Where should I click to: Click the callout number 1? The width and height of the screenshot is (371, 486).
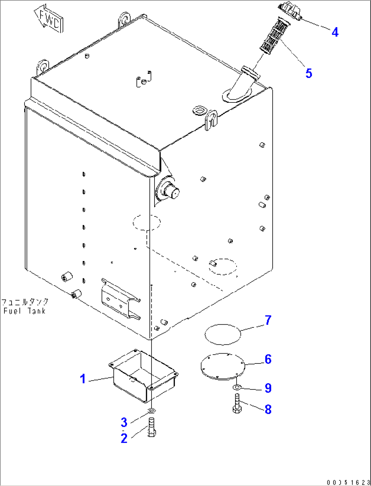pyautogui.click(x=83, y=378)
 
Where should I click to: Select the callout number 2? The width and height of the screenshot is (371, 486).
pyautogui.click(x=124, y=438)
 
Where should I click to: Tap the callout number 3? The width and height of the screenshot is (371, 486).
pyautogui.click(x=124, y=422)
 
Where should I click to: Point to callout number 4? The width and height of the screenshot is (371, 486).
pyautogui.click(x=335, y=32)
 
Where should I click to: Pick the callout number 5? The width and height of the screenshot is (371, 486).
pyautogui.click(x=309, y=73)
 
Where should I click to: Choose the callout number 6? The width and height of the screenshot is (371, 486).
pyautogui.click(x=268, y=359)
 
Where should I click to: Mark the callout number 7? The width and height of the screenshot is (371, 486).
pyautogui.click(x=268, y=320)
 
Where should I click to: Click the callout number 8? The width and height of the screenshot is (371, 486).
pyautogui.click(x=268, y=409)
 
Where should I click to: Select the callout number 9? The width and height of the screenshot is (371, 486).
pyautogui.click(x=268, y=388)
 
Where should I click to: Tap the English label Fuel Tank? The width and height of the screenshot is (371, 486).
pyautogui.click(x=25, y=311)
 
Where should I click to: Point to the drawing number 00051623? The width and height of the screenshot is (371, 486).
pyautogui.click(x=348, y=482)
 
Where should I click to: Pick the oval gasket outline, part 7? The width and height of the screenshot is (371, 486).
pyautogui.click(x=223, y=334)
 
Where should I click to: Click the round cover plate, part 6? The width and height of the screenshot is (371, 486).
pyautogui.click(x=223, y=367)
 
